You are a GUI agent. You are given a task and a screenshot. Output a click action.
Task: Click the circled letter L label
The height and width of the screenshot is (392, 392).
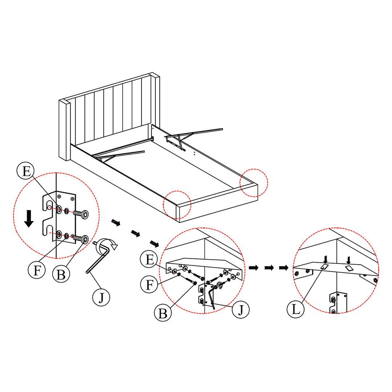[x=296, y=310]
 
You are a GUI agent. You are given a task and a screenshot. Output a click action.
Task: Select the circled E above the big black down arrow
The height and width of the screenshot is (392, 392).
[x=26, y=171]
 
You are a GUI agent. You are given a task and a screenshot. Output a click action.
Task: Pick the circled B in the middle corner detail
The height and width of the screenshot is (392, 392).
[x=163, y=313]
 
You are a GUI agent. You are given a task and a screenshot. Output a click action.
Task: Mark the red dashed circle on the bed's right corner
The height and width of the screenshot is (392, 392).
[x=254, y=183]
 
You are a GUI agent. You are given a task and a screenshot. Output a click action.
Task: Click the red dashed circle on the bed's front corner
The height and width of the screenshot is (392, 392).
[x=177, y=205]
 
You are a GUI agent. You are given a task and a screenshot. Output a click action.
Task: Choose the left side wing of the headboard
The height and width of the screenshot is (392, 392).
[x=64, y=130]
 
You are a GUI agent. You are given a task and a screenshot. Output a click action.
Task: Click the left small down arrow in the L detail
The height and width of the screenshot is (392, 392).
[x=325, y=259]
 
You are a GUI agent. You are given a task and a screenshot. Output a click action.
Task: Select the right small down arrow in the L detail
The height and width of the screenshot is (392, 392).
[x=348, y=260]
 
